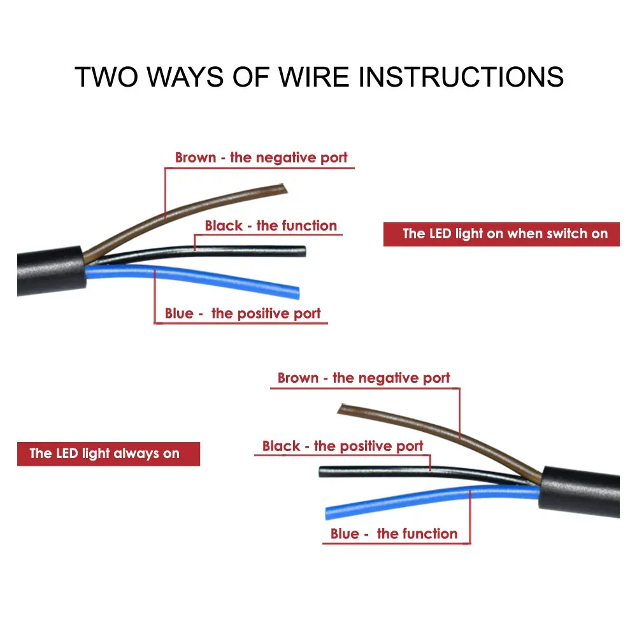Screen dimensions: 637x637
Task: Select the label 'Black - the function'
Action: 271,225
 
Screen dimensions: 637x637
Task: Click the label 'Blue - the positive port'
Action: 243,313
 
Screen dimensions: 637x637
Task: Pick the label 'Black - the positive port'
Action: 343,446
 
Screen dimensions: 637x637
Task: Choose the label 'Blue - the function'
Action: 394,534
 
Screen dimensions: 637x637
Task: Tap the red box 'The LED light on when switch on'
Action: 501,234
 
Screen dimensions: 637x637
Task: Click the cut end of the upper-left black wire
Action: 303,251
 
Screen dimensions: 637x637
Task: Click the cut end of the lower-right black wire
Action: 322,472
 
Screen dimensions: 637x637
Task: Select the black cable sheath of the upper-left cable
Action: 51,271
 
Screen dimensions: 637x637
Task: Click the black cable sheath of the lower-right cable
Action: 580,492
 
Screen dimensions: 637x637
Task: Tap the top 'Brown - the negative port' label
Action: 261,157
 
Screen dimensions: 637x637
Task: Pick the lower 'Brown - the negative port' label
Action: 364,378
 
